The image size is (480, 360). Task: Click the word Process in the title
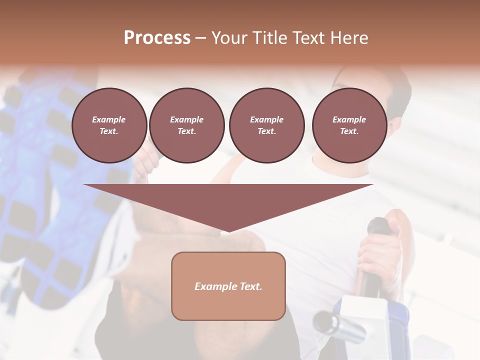pos(157,38)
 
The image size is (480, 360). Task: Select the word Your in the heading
pos(229,38)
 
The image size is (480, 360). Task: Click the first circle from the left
pos(109,125)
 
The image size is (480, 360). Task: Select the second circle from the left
pos(186,125)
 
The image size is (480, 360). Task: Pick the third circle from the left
pos(266,125)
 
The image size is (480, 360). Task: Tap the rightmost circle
pos(349,125)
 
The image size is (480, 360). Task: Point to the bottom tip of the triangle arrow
pos(228,232)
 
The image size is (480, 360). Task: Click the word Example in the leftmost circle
pos(109,119)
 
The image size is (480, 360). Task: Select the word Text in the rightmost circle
pos(349,131)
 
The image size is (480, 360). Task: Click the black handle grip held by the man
pos(372,280)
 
